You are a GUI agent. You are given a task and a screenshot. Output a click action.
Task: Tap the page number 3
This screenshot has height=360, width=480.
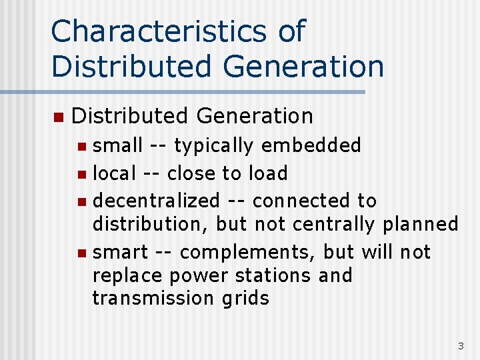(461, 345)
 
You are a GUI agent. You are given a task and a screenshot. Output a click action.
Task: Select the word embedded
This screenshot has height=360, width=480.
(311, 145)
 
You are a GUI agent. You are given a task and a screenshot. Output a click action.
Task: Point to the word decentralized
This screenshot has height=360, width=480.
(156, 201)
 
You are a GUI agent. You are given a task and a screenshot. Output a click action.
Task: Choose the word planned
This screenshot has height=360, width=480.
(421, 224)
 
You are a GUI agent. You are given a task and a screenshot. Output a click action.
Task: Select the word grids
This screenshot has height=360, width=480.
(247, 298)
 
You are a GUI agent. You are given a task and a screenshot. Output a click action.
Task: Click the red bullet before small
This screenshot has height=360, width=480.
(81, 146)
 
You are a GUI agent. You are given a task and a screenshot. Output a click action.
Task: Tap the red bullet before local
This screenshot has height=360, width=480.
(81, 174)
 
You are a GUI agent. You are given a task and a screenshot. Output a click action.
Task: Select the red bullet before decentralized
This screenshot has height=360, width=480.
(81, 201)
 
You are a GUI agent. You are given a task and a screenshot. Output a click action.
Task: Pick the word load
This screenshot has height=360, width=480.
(267, 173)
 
